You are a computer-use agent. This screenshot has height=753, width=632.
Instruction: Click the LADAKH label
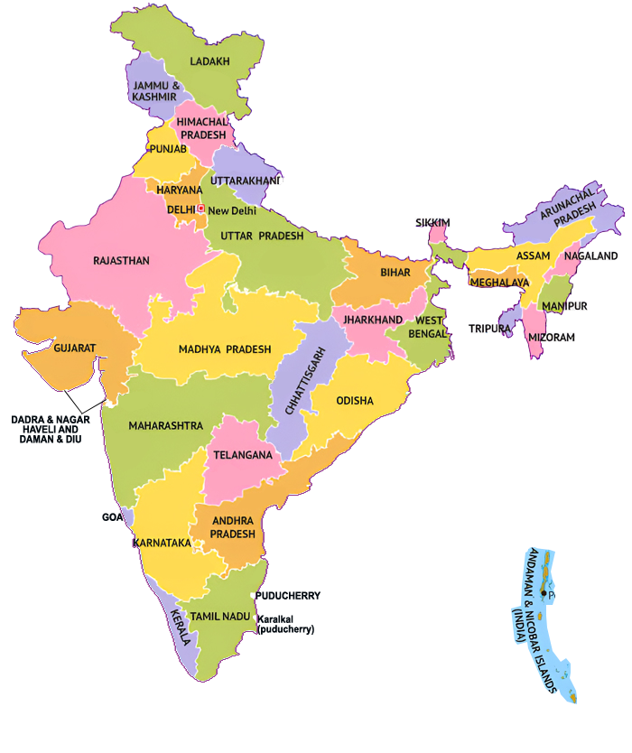tap(209, 61)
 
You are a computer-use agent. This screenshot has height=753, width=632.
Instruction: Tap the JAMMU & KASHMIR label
tap(156, 91)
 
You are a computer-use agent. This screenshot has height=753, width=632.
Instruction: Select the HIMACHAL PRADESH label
tap(201, 128)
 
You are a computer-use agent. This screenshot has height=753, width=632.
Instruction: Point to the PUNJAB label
tap(168, 149)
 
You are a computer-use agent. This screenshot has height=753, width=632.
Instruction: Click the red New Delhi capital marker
tap(200, 209)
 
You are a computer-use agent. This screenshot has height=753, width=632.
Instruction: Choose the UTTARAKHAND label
tap(246, 181)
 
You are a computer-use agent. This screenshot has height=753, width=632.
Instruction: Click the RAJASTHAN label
tap(121, 261)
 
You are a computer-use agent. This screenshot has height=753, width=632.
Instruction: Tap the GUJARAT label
tap(75, 348)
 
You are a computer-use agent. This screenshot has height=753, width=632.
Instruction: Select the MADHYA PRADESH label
tap(224, 349)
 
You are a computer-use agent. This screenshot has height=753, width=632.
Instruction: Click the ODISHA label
tap(355, 400)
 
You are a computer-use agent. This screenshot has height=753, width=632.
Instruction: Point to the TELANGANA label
tap(242, 455)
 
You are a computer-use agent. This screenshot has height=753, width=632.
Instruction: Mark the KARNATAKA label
tap(162, 543)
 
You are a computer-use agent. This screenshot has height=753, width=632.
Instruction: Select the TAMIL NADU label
tap(219, 615)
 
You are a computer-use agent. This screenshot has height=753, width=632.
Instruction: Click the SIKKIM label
tap(432, 222)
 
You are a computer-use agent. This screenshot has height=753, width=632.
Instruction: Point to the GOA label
tap(112, 518)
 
